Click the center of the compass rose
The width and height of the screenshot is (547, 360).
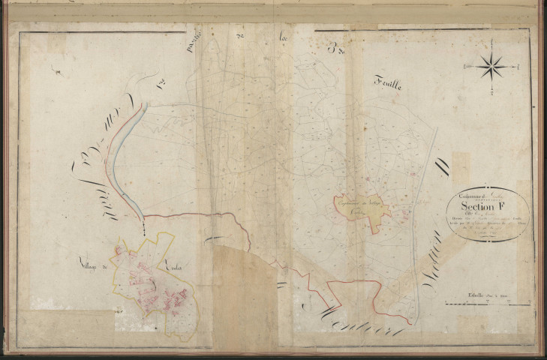tap(491, 68)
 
